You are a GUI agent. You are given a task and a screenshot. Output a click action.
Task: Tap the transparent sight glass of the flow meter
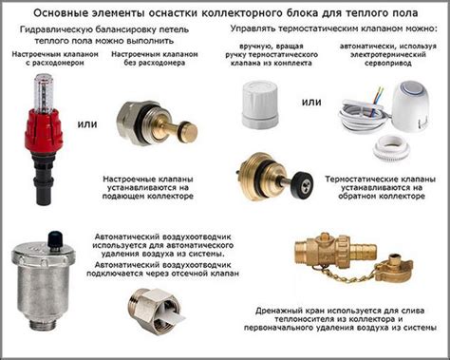click(44, 92)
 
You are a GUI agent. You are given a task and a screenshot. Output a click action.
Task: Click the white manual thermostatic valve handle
click(260, 104)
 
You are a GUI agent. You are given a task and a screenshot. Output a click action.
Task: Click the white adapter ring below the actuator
click(391, 147)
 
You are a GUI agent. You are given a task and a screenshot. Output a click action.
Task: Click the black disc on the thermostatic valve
click(303, 183)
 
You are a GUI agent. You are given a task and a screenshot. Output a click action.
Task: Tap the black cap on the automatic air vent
click(55, 240)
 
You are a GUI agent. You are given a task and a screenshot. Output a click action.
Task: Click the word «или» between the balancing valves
click(87, 124)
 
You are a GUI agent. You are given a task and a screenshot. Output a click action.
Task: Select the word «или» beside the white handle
click(311, 102)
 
